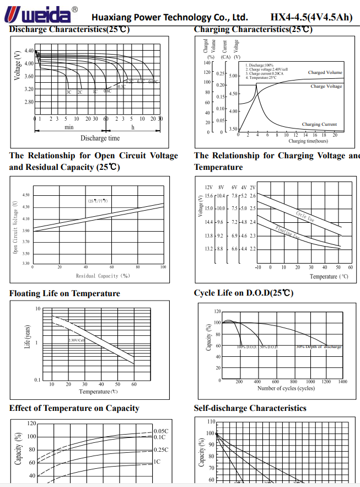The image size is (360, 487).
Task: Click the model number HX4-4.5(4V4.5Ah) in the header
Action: [x=311, y=17]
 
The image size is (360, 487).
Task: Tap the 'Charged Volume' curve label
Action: [x=325, y=73]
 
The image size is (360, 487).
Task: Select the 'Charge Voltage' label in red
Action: [x=326, y=87]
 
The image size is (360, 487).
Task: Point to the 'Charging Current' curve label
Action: [x=319, y=125]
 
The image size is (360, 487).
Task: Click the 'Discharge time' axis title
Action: [x=100, y=138]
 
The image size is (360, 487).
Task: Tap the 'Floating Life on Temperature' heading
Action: [x=65, y=293]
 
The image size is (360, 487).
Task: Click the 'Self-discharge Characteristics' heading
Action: [x=250, y=408]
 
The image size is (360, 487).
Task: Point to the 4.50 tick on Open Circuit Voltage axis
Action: [x=26, y=195]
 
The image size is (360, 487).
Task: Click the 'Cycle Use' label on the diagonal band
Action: [x=305, y=216]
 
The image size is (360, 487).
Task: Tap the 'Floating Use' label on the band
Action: [x=288, y=233]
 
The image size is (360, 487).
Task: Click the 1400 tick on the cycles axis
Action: [x=342, y=382]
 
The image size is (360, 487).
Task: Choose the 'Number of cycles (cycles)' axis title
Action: [x=286, y=388]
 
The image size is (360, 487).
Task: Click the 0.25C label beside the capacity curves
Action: [x=161, y=450]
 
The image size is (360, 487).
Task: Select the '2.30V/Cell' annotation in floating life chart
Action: [x=77, y=340]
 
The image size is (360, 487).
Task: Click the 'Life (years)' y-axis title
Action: [x=27, y=336]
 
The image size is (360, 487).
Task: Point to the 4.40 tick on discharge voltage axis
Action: [x=29, y=50]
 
